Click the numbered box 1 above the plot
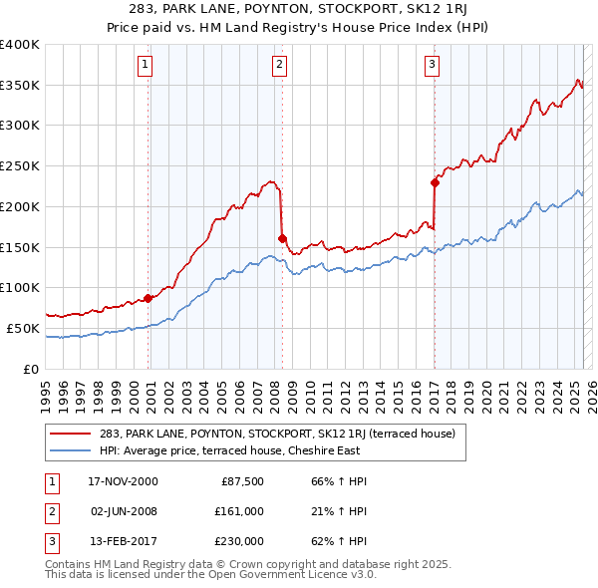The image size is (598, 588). point(146,66)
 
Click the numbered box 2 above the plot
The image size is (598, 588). point(279,66)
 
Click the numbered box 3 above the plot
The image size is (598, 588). point(433,66)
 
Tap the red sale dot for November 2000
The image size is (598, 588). point(149,297)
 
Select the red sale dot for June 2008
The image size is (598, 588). point(282,238)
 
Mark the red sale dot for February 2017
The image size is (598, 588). point(435,182)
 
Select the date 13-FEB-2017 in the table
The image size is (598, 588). point(123,540)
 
